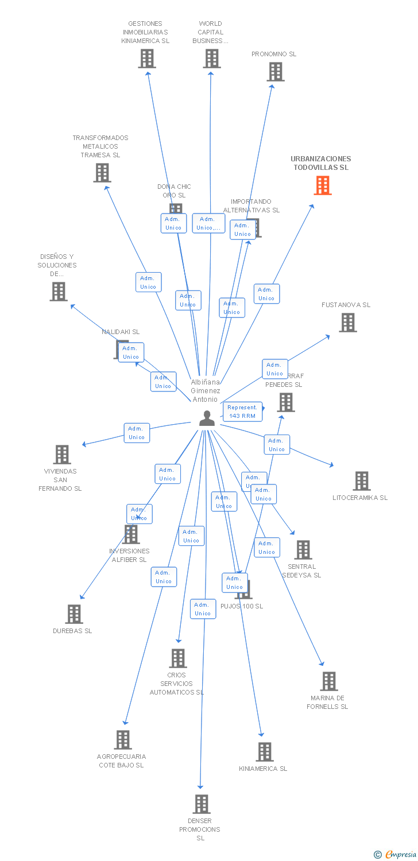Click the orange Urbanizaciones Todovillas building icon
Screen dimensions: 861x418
pos(323,185)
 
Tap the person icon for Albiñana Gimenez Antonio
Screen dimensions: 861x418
pos(207,418)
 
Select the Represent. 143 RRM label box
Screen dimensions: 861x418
pos(242,412)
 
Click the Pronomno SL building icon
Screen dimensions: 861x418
pos(276,72)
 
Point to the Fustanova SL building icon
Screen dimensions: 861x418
pos(347,323)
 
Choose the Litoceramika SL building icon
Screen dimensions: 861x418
pos(362,481)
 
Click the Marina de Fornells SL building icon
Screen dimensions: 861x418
pos(328,681)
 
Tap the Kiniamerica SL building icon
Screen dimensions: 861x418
pos(264,751)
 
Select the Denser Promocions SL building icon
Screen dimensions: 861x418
pos(201,804)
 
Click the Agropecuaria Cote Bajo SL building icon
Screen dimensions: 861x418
pos(122,740)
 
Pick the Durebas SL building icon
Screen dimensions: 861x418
pos(73,614)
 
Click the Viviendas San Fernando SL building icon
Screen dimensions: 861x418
pos(61,455)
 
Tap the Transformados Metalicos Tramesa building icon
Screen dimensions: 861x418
pos(102,173)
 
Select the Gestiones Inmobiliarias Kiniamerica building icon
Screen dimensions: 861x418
pos(147,59)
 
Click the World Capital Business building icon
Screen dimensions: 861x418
pos(212,59)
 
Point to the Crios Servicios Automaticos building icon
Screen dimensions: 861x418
pos(178,658)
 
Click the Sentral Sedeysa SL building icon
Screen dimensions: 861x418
pos(303,550)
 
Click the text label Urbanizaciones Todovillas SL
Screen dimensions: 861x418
pos(320,163)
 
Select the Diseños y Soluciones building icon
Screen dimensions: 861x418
pos(59,292)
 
